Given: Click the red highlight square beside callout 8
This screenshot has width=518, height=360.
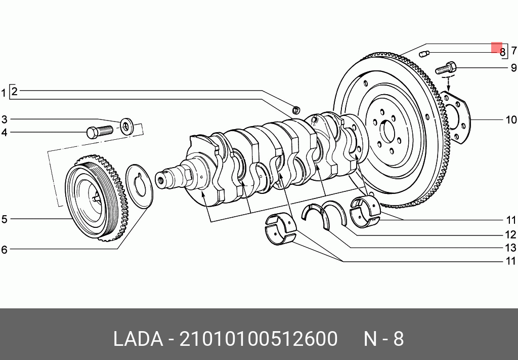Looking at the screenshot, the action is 497,47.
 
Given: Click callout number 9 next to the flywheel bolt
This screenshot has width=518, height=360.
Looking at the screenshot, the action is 513,68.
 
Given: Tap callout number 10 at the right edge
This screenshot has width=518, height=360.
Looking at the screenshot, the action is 511,119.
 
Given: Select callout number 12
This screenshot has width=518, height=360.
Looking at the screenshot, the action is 511,235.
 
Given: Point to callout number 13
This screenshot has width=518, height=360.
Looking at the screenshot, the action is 511,248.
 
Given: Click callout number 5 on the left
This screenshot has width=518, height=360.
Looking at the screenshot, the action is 4,219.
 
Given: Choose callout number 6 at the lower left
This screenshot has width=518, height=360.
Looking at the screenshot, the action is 4,250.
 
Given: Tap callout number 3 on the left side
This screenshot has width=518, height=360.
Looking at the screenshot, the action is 4,119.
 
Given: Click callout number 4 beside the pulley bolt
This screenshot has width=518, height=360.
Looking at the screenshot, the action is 4,133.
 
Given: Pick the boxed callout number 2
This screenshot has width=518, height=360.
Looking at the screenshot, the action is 14,91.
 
